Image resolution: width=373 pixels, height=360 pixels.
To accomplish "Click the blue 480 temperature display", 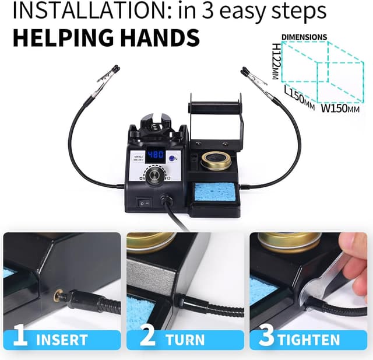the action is point(156,155).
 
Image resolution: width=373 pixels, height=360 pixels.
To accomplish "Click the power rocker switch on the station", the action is point(144,203).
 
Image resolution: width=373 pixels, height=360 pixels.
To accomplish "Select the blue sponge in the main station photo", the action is point(214,192).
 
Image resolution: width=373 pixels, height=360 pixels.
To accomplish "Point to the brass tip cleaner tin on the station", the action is point(216,161).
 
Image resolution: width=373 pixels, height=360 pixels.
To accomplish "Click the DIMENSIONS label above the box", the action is point(304,37).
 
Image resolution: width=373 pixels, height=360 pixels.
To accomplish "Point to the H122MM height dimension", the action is point(276,61).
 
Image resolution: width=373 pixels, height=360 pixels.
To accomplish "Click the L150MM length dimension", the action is point(300,98).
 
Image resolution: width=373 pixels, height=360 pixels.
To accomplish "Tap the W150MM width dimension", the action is point(340,109).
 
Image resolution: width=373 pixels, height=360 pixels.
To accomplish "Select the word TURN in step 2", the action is point(185,340).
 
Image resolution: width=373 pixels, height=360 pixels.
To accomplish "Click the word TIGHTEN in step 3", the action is point(309,340).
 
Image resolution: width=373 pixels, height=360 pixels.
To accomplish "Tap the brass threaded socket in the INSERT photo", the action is point(57,295).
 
